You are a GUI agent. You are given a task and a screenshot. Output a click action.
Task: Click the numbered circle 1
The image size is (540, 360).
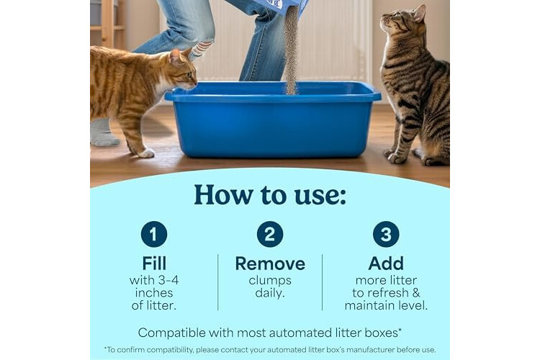[x=154, y=234]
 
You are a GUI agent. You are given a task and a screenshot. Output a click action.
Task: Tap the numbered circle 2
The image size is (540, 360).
[x=270, y=234]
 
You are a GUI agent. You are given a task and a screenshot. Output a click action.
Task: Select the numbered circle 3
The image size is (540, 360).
[x=386, y=234]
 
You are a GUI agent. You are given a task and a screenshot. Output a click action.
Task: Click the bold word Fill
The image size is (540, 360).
[x=154, y=264]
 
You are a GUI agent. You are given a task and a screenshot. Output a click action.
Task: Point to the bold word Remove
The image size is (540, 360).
[x=270, y=264]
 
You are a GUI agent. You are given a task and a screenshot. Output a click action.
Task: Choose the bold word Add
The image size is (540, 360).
[x=386, y=264]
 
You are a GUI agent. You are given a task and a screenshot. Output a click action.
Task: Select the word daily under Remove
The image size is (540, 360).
[x=270, y=294]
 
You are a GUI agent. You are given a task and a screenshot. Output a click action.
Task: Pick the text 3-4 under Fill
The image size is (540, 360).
[x=167, y=280]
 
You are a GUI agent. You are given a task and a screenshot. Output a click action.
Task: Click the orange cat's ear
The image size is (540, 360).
[x=175, y=55]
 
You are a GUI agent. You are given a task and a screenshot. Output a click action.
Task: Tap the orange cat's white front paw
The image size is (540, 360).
[x=147, y=153]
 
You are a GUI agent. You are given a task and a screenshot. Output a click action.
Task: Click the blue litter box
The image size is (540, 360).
[x=273, y=119]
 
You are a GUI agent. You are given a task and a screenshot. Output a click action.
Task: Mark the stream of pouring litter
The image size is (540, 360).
[x=292, y=50]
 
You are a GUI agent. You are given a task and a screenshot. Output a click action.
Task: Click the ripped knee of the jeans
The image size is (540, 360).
[x=203, y=48]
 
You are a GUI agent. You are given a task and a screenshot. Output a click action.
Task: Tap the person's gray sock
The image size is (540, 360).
[x=102, y=133]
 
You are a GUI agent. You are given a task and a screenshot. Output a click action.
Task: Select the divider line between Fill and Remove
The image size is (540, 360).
[x=218, y=282]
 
